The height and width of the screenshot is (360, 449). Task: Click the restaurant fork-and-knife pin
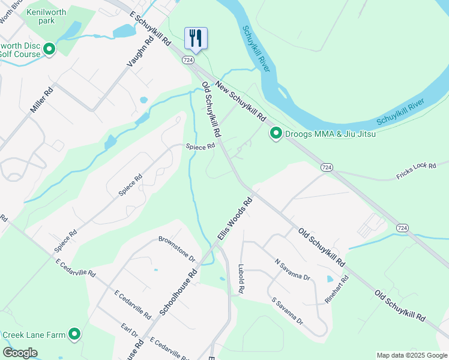point(195,38)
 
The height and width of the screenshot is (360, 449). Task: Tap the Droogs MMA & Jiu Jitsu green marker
point(276,133)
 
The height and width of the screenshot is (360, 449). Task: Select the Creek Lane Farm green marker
point(74,334)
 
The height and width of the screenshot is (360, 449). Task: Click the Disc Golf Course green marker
point(49,49)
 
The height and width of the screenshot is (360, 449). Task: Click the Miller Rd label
point(41,101)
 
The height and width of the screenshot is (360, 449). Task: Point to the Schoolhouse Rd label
point(179,292)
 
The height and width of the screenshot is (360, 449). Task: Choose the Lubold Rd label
point(241,278)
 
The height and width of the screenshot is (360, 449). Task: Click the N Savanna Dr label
point(292,269)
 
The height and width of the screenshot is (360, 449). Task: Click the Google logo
point(20,353)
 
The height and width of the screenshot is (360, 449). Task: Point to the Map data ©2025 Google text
point(411,355)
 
